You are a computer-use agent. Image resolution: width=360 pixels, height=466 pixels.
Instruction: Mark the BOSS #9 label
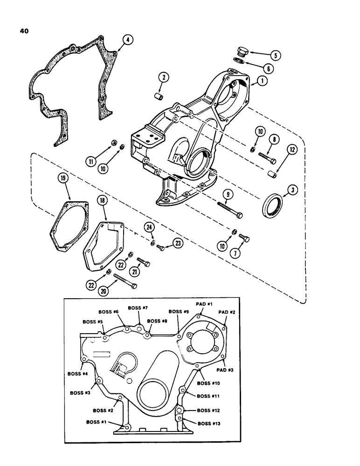[x=179, y=312]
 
